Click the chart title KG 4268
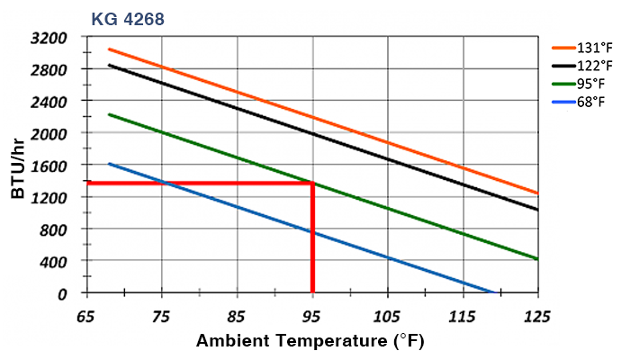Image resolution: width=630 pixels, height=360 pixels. tap(127, 18)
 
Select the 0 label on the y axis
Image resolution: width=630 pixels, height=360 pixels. tap(63, 293)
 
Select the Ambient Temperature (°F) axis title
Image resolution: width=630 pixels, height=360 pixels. tap(310, 342)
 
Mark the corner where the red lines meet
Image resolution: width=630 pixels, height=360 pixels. tap(312, 184)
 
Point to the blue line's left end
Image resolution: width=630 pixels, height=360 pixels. tap(109, 164)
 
